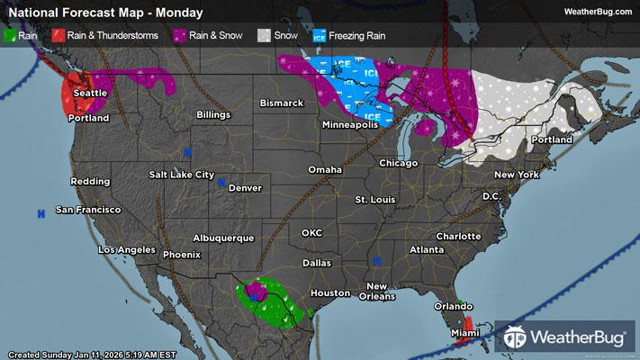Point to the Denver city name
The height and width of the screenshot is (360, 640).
coord(245,188)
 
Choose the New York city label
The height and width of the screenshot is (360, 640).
coord(516,174)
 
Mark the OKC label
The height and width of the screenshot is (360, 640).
coord(311,233)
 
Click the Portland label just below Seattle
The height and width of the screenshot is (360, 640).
coord(87,119)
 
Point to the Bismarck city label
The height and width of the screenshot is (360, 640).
coord(282,103)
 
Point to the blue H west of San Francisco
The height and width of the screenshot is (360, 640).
coord(41,213)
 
